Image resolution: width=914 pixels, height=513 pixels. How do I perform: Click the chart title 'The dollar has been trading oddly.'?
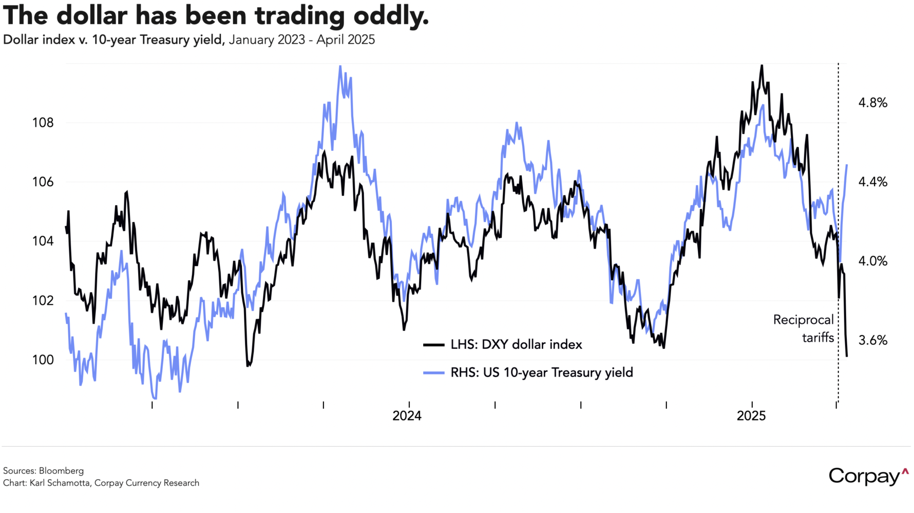tap(216, 15)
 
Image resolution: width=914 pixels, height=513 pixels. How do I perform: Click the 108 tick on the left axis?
tap(43, 123)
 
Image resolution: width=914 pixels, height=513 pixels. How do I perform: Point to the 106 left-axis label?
tap(43, 182)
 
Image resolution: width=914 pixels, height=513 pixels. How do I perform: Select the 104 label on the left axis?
tap(43, 241)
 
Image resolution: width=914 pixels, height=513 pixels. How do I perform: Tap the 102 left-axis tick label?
tap(43, 301)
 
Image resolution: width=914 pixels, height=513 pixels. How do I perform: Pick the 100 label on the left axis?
tap(43, 360)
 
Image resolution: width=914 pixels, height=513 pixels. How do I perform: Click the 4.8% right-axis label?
tap(873, 103)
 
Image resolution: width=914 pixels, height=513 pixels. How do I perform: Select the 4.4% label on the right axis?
tap(873, 182)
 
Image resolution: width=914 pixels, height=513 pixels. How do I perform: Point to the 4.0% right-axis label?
tap(873, 261)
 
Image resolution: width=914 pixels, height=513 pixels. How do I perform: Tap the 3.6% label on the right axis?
tap(873, 340)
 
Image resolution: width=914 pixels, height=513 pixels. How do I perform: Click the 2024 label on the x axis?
tap(407, 416)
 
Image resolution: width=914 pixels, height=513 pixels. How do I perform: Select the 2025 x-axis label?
tap(751, 416)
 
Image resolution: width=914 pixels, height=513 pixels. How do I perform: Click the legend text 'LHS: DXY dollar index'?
tap(516, 345)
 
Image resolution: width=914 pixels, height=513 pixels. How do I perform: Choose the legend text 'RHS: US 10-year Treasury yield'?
tap(542, 372)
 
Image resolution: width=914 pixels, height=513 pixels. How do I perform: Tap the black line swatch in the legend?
tap(434, 345)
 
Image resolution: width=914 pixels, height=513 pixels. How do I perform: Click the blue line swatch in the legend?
tap(434, 373)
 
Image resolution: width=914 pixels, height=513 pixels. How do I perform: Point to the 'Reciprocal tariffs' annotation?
tap(804, 328)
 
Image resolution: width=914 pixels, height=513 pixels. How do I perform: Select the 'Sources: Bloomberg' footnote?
tap(43, 471)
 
